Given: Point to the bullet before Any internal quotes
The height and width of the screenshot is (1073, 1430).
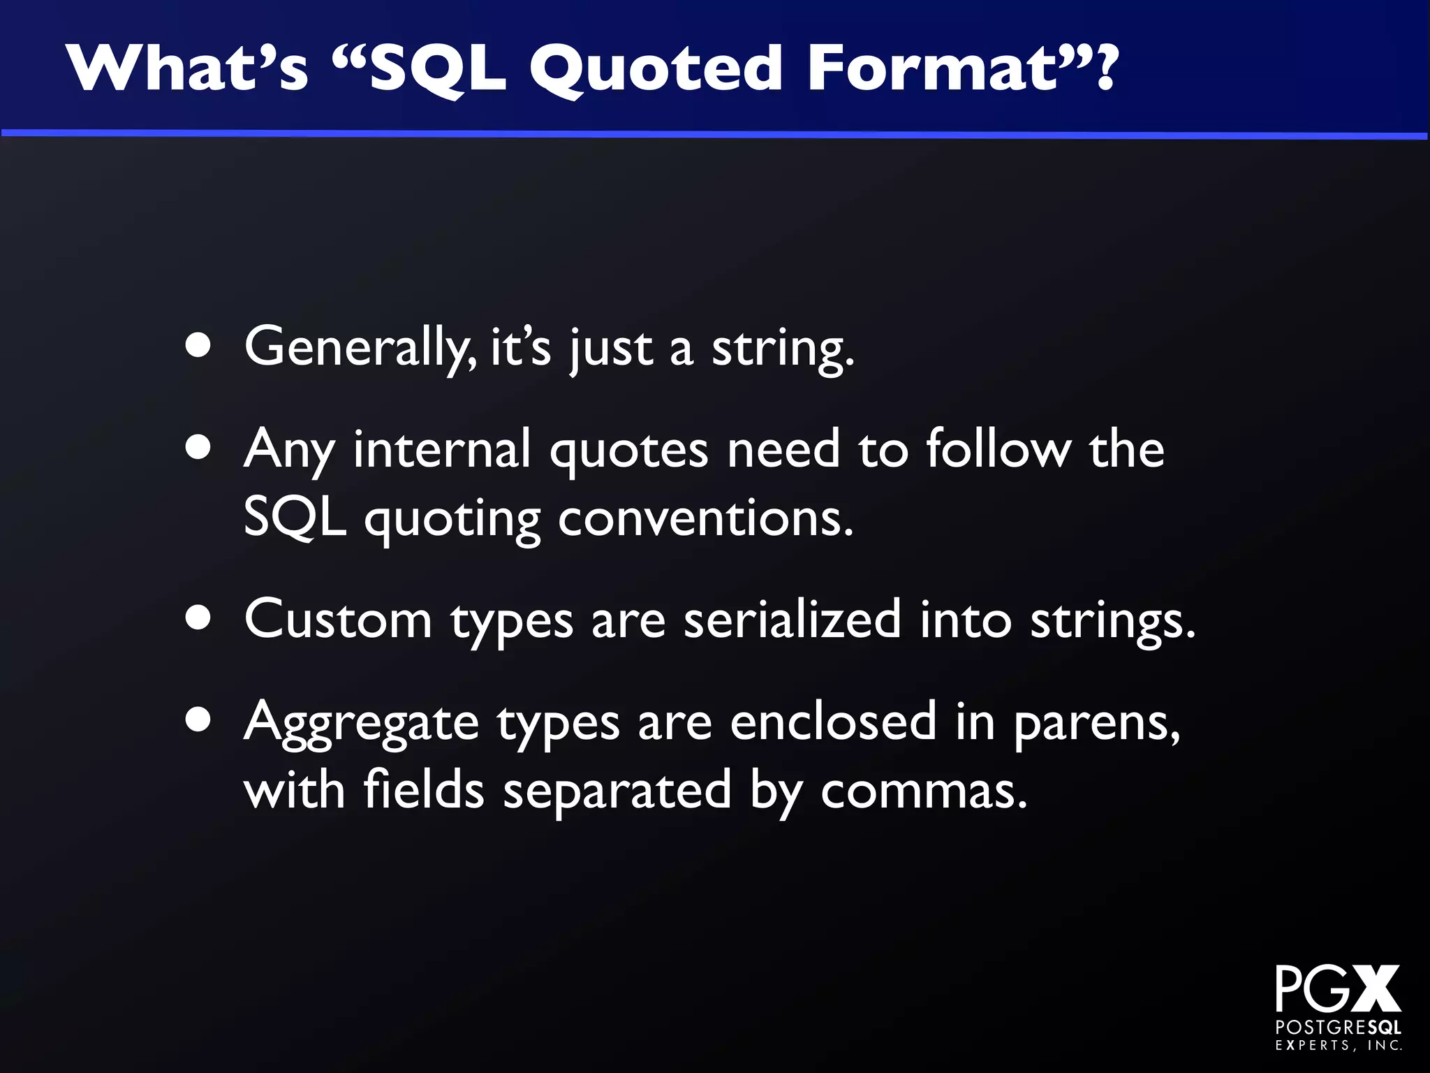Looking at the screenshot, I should pyautogui.click(x=199, y=448).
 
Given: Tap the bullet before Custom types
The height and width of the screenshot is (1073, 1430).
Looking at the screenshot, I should pyautogui.click(x=199, y=618).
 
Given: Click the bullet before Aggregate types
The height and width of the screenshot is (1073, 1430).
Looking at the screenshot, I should pyautogui.click(x=199, y=720).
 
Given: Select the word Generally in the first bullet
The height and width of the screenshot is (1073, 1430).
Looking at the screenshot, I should pyautogui.click(x=360, y=347).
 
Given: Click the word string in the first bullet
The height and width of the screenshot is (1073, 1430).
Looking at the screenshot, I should pyautogui.click(x=782, y=349).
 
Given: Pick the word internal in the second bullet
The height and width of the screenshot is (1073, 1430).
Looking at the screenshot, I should pyautogui.click(x=443, y=448).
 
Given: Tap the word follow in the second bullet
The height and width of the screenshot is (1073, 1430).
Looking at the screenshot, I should pyautogui.click(x=998, y=448).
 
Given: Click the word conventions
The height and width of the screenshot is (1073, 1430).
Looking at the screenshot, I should pyautogui.click(x=705, y=518).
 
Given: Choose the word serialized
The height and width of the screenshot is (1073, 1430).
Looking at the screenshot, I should pyautogui.click(x=792, y=619).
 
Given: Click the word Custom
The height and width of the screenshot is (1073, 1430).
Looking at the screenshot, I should pyautogui.click(x=338, y=619).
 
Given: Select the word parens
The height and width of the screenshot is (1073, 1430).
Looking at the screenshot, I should pyautogui.click(x=1096, y=724).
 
